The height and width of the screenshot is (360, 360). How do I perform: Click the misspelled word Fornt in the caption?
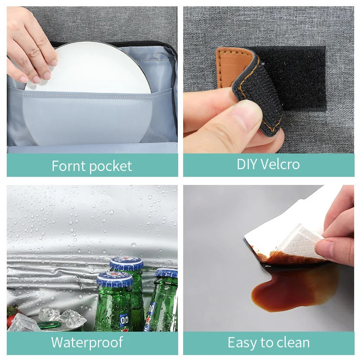[68, 166]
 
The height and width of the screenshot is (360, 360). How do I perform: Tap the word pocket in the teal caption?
[110, 166]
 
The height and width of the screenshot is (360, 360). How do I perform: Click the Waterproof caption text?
[87, 342]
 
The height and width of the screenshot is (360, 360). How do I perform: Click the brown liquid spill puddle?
[292, 288]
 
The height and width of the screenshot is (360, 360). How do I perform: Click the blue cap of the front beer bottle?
[115, 279]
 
